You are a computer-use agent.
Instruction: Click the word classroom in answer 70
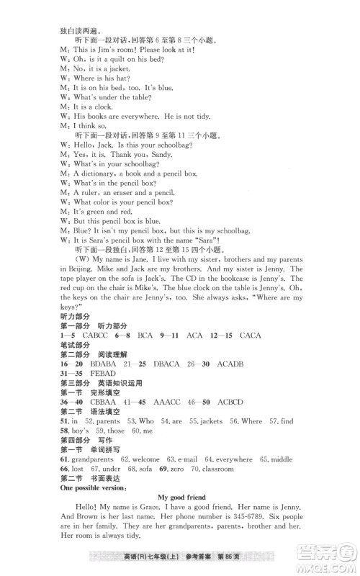[x=213, y=469]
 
